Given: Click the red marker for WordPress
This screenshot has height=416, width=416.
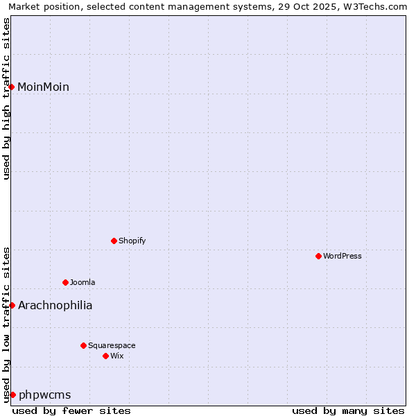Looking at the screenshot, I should (x=318, y=256).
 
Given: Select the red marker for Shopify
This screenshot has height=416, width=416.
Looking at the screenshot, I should (x=114, y=241).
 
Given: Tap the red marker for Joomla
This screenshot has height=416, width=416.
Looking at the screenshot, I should (x=65, y=282).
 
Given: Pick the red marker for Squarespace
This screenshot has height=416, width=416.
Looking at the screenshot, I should (x=83, y=345).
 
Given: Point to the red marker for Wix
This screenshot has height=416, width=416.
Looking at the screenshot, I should (x=105, y=356).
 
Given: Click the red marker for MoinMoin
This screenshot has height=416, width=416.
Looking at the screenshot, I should (x=12, y=87).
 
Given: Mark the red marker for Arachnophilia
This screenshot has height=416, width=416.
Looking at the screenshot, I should (x=12, y=305).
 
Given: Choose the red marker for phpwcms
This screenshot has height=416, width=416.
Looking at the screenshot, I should (x=12, y=395).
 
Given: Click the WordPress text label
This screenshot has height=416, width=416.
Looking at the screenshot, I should (x=343, y=256).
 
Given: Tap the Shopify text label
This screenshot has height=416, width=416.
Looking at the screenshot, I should (x=132, y=241).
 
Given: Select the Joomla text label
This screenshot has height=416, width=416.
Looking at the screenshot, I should (x=83, y=282).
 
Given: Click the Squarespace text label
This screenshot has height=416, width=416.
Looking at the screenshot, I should (x=112, y=345).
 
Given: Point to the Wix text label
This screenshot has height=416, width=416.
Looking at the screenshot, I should (x=117, y=356).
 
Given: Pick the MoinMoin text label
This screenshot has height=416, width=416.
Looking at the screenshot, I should (x=43, y=87).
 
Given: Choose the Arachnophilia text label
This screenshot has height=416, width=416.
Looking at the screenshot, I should (x=55, y=305).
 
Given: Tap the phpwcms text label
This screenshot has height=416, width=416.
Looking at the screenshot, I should (x=44, y=395).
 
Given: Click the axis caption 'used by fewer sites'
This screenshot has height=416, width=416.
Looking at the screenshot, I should (x=71, y=410).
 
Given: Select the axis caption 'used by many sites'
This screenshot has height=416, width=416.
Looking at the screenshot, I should (x=348, y=410).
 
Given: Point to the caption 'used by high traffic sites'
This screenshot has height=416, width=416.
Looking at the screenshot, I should (x=6, y=98).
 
